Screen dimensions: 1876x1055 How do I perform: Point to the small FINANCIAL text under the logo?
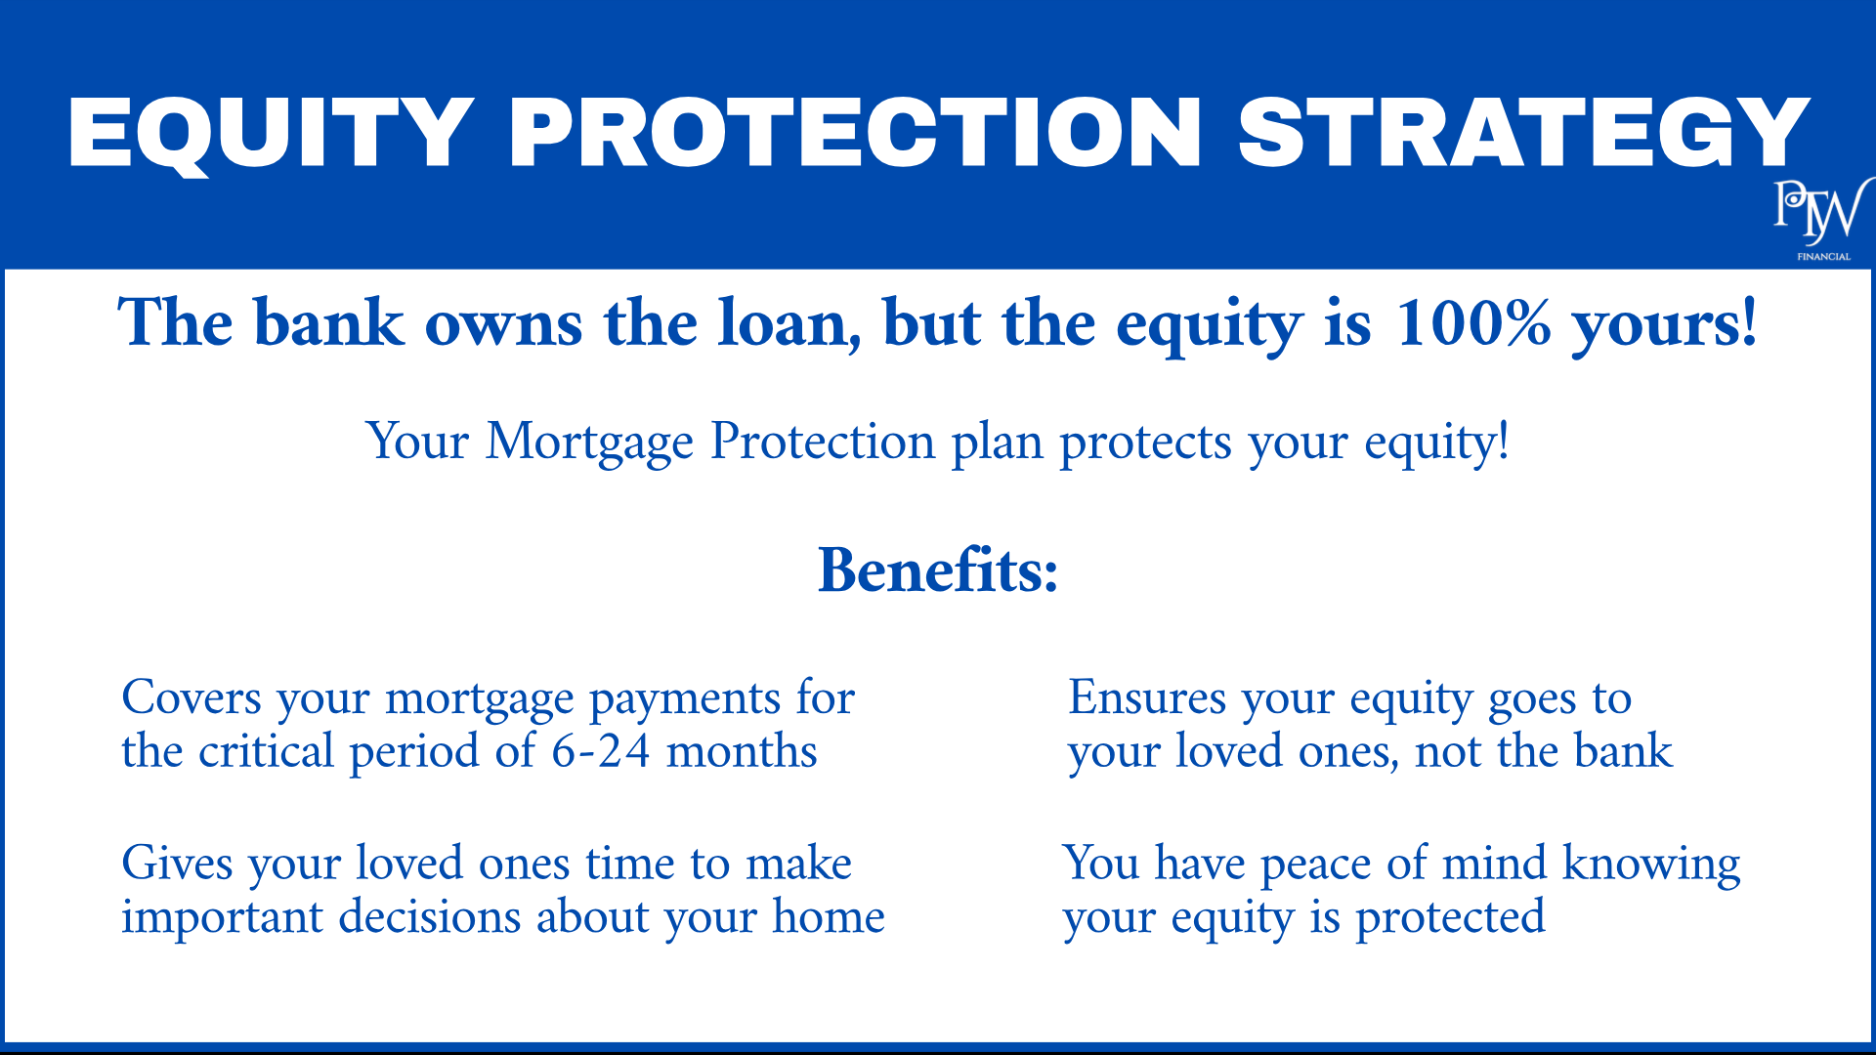pyautogui.click(x=1823, y=257)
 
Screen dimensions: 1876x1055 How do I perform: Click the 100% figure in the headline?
pyautogui.click(x=1473, y=322)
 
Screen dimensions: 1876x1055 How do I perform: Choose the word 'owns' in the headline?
pyautogui.click(x=504, y=324)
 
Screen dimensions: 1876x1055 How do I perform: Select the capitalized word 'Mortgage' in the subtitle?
pyautogui.click(x=589, y=443)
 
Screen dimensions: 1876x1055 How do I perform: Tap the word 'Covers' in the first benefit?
pyautogui.click(x=192, y=697)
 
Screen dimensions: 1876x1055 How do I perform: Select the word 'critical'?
pyautogui.click(x=267, y=751)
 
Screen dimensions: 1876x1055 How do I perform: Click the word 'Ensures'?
pyautogui.click(x=1147, y=697)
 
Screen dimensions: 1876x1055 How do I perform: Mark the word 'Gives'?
pyautogui.click(x=178, y=864)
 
